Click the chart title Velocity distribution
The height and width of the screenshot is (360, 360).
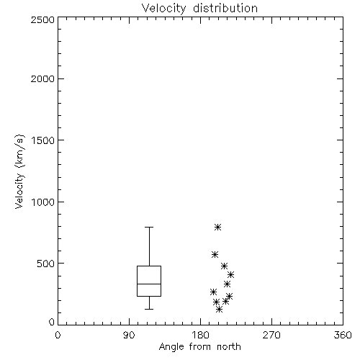[x=199, y=8]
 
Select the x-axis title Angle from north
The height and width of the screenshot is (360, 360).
[x=199, y=346]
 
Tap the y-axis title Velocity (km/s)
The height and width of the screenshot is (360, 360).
[x=19, y=171]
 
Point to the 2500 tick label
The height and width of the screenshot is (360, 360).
[x=42, y=19]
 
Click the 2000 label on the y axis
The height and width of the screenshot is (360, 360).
[x=42, y=78]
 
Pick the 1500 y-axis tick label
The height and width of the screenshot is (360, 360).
[x=43, y=140]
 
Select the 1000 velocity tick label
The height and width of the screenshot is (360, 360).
[x=43, y=202]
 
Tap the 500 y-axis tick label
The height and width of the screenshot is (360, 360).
[x=46, y=264]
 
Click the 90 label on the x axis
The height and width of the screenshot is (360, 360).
[x=129, y=335]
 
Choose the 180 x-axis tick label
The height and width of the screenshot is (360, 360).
[x=200, y=335]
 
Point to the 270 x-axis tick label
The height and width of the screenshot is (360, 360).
[x=271, y=335]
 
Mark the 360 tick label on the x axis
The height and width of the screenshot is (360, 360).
[x=343, y=335]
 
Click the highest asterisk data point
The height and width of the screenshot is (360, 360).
[x=217, y=227]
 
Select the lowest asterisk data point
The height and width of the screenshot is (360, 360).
[x=219, y=310]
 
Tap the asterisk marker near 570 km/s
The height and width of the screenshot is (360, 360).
[x=215, y=254]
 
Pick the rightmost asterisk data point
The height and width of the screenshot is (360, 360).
[x=230, y=274]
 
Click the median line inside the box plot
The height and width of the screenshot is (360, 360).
[x=149, y=284]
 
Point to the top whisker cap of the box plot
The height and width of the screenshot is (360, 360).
[x=149, y=227]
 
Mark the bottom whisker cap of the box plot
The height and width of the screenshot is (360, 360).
[x=149, y=309]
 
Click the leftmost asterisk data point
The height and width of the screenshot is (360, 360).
[x=213, y=292]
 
